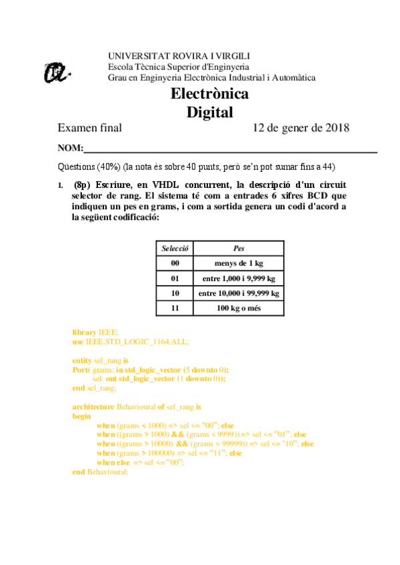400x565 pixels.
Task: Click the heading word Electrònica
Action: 209,94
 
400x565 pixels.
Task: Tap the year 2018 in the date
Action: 334,128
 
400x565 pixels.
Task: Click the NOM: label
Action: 71,148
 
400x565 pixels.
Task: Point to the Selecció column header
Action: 175,249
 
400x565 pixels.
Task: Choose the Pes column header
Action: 239,249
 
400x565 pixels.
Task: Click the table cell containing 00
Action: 175,263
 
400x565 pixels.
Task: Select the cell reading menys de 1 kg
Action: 239,263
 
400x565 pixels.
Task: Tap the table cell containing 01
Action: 175,279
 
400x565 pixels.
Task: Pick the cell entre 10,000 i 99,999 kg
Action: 239,293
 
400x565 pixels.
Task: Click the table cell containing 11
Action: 175,308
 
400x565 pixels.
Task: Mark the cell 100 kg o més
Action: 239,308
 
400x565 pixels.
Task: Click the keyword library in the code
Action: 85,332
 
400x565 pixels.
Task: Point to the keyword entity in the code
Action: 83,360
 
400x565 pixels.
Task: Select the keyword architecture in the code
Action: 93,406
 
